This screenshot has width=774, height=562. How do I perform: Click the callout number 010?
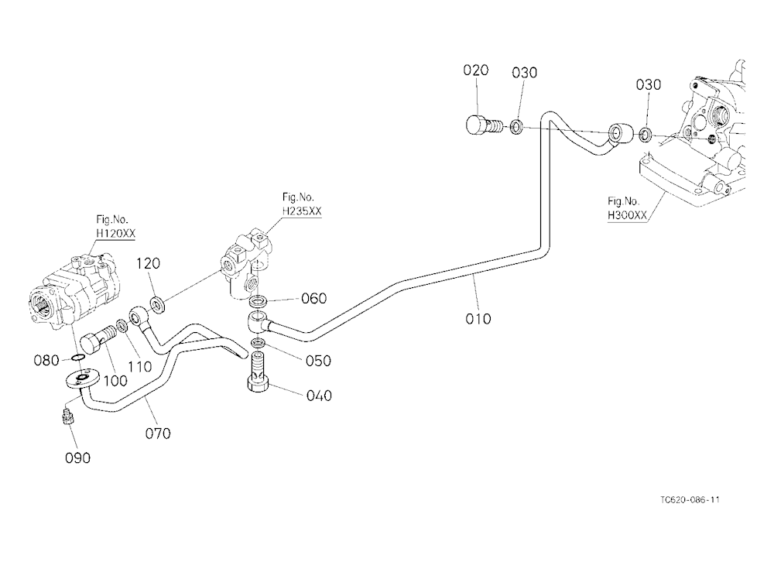click(478, 318)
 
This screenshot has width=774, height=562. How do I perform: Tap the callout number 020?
click(475, 70)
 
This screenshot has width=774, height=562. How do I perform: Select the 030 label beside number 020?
click(524, 73)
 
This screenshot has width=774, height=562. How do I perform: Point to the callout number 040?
click(319, 396)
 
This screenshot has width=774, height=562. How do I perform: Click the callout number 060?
click(314, 298)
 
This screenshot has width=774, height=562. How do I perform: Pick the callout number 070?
click(158, 433)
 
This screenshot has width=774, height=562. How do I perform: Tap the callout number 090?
click(78, 457)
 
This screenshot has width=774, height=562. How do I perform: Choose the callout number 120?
click(148, 263)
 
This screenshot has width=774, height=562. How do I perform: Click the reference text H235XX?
click(302, 211)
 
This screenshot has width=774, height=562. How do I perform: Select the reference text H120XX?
click(115, 233)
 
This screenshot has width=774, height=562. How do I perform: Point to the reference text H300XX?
click(627, 215)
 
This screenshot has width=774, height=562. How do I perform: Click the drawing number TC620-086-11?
click(690, 500)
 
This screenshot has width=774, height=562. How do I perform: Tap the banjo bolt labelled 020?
click(483, 125)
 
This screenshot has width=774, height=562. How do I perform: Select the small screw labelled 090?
click(67, 416)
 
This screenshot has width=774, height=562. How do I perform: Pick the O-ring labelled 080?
click(77, 357)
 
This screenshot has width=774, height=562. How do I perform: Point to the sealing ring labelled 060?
click(259, 300)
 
